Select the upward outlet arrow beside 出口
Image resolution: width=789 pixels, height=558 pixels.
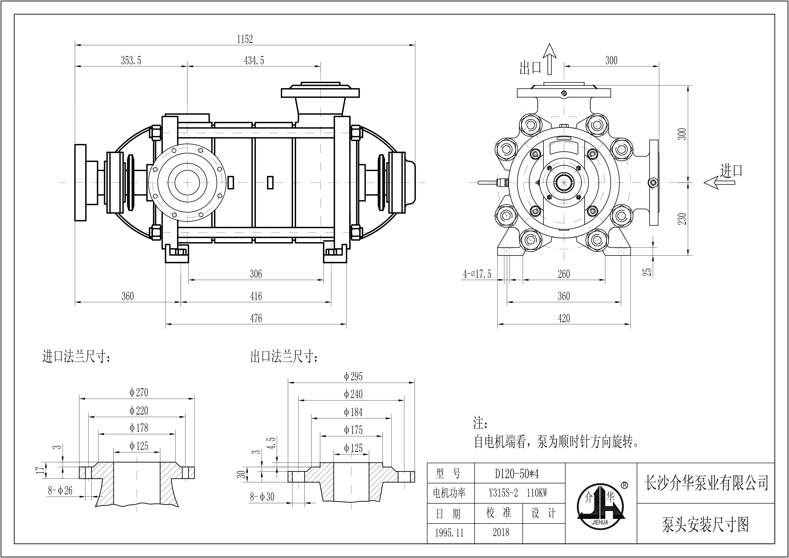(549, 59)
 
